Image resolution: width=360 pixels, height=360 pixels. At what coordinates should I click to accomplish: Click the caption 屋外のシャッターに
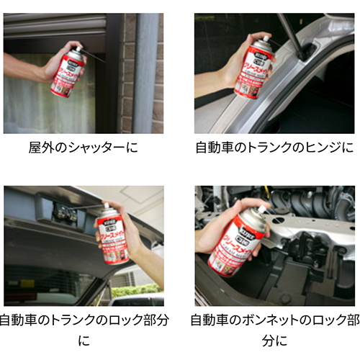point(83,150)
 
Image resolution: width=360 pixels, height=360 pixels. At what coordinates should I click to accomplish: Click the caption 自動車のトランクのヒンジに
point(275,150)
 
